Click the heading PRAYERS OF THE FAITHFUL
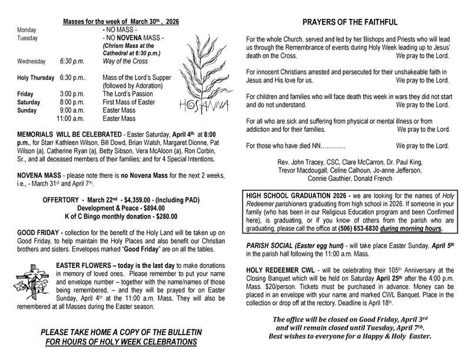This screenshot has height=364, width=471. pos(349,23)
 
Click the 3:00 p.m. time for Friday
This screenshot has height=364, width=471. pos(72,94)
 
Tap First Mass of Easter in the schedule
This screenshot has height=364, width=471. pos(130,102)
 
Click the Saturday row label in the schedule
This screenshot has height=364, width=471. pos(29,102)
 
